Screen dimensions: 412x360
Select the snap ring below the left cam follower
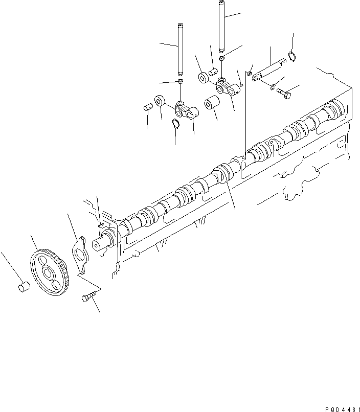click(175, 123)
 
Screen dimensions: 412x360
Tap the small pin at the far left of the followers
click(146, 108)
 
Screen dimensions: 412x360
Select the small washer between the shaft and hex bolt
click(273, 85)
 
